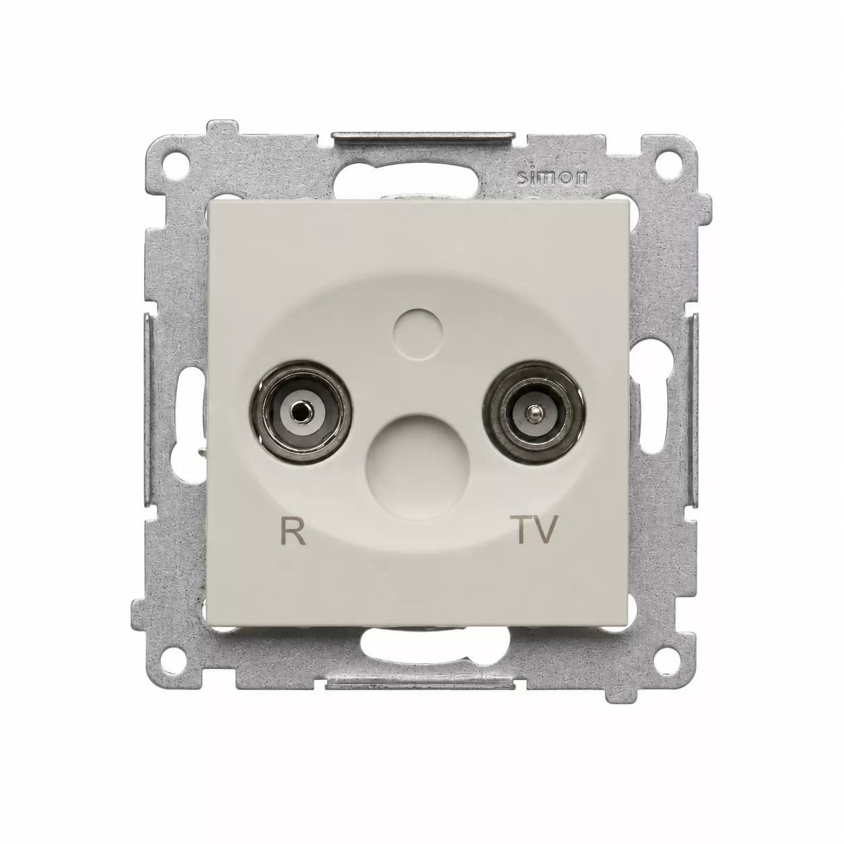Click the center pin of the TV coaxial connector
pyautogui.click(x=532, y=410)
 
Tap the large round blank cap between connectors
pyautogui.click(x=418, y=466)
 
